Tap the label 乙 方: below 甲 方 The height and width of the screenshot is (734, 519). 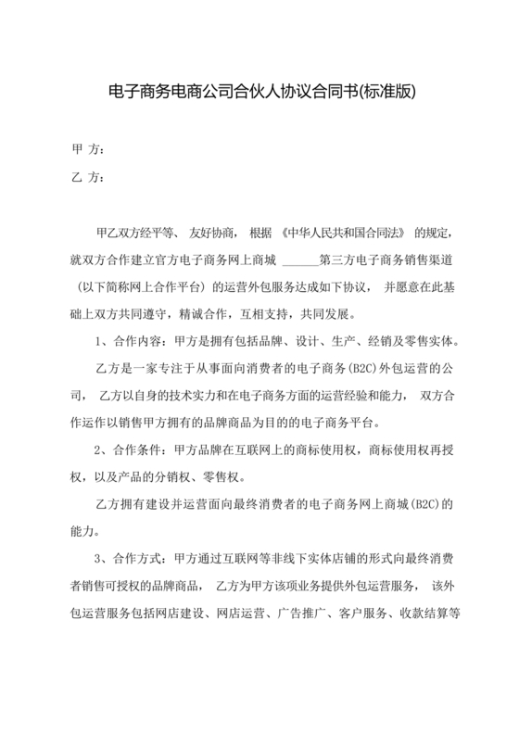[x=86, y=178]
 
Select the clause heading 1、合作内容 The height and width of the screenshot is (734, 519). [x=126, y=340]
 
